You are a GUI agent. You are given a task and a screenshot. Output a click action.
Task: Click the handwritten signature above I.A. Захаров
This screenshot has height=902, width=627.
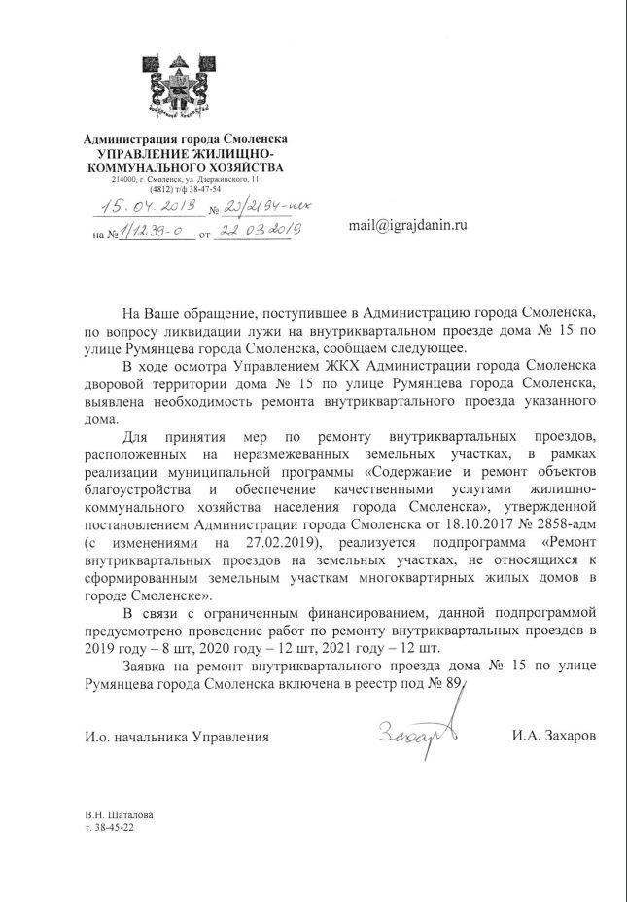point(413,729)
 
